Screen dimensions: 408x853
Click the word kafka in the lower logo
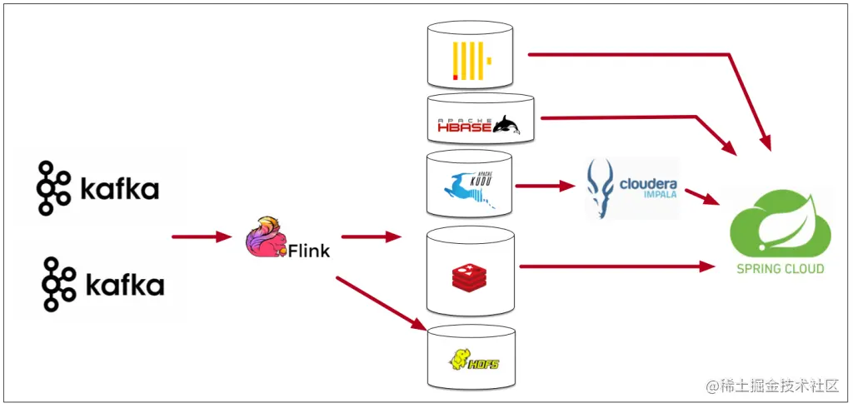[126, 285]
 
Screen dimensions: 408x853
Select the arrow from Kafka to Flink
[200, 237]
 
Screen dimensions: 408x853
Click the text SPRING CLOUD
[780, 269]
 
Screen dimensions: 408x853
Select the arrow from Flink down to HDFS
[380, 301]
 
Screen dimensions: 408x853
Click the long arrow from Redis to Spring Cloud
[616, 267]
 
